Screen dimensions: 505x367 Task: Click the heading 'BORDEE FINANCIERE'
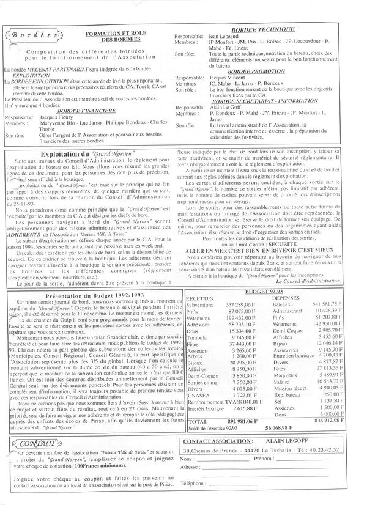87,111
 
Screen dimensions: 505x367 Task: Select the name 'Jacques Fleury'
57,117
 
